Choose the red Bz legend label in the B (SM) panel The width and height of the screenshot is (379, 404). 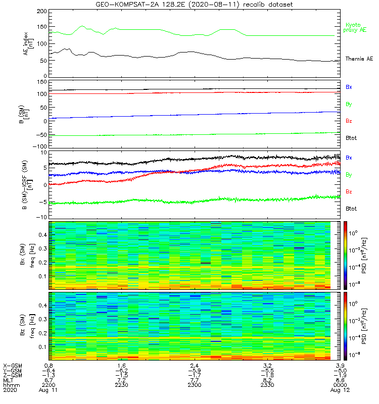point(349,121)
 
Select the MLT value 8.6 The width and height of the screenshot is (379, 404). point(342,380)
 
